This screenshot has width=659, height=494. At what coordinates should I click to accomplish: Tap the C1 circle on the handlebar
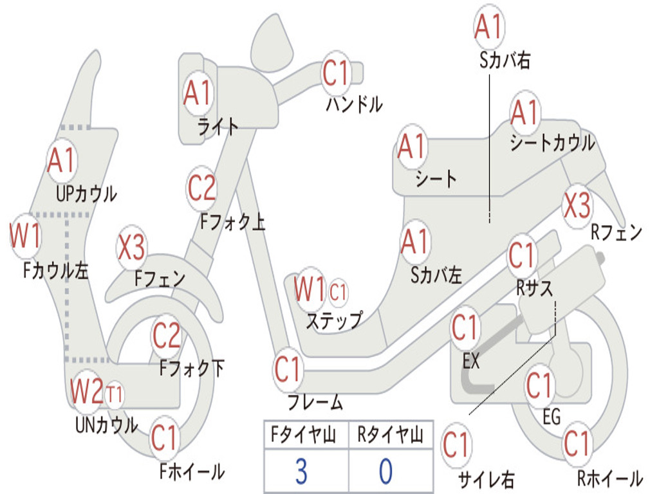[x=335, y=73]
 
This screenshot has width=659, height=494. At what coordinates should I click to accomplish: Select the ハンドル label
[x=354, y=104]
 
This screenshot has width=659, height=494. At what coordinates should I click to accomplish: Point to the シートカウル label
[x=552, y=143]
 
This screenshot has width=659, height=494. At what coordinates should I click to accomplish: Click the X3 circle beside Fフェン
[x=131, y=248]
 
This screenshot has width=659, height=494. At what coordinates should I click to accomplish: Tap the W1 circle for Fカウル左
[x=25, y=236]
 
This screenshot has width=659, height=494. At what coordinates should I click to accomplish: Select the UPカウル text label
[x=86, y=193]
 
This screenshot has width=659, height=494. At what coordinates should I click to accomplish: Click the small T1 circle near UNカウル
[x=115, y=394]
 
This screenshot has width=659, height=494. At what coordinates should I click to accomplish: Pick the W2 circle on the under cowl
[x=87, y=391]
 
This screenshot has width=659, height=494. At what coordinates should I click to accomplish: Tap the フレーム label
[x=315, y=403]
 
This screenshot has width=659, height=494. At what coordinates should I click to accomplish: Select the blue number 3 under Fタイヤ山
[x=301, y=471]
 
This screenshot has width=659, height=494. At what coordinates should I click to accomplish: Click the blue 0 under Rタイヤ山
[x=385, y=471]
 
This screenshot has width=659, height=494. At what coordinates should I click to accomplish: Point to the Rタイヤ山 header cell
[x=390, y=436]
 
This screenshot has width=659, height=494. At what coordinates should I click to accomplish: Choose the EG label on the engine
[x=552, y=417]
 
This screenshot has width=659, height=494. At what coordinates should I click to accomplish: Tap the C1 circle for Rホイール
[x=577, y=444]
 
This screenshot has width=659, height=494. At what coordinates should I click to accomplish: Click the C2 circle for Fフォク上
[x=202, y=188]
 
